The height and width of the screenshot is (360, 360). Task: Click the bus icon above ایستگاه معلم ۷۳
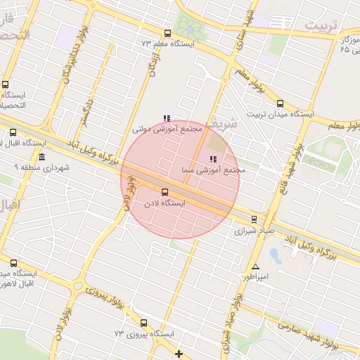pos(167,33)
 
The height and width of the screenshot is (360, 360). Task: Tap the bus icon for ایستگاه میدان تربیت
pos(281,102)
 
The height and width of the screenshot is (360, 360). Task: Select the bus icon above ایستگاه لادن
pos(165,192)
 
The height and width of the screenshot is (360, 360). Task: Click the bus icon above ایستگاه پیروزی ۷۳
pos(143,323)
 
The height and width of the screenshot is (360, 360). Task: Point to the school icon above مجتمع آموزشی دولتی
pos(166,119)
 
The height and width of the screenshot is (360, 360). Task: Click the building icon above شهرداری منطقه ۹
pos(43,157)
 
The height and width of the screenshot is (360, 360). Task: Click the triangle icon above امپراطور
pos(255,267)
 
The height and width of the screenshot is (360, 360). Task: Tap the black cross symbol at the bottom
pos(179,354)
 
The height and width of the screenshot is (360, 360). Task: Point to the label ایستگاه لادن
pos(164,203)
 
